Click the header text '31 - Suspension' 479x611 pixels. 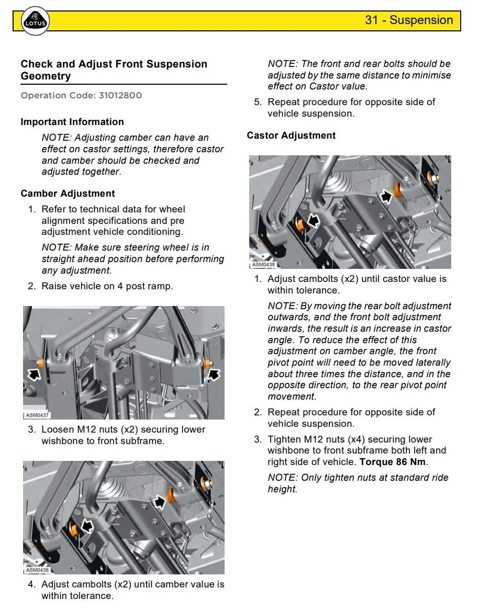(x=409, y=20)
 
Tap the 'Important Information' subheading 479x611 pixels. (x=72, y=122)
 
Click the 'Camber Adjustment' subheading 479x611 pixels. (x=68, y=194)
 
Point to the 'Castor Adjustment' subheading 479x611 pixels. (x=291, y=135)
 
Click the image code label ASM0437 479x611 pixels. (x=37, y=415)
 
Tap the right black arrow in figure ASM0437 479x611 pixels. (x=214, y=374)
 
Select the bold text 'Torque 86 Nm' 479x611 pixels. (x=393, y=462)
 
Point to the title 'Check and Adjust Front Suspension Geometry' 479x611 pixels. (x=114, y=70)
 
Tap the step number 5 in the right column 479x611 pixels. (x=258, y=102)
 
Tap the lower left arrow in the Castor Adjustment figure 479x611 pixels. (x=313, y=221)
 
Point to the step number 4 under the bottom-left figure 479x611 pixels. (x=31, y=584)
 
